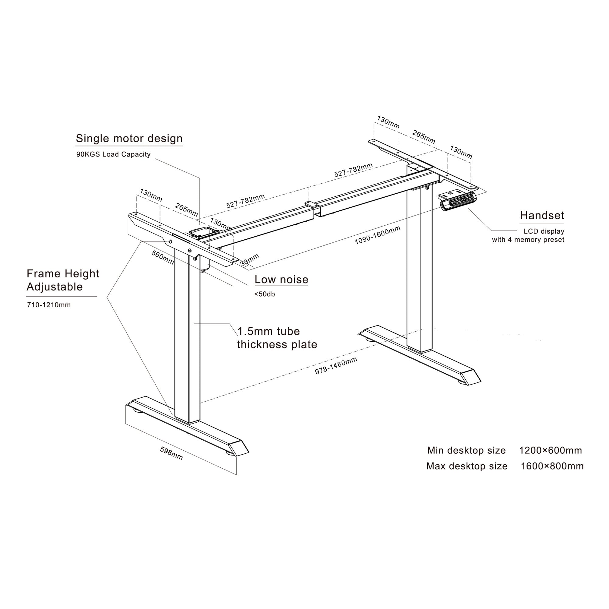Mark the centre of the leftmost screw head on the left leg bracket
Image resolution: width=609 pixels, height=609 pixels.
click(170, 241)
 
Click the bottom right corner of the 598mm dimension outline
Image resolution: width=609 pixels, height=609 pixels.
click(236, 475)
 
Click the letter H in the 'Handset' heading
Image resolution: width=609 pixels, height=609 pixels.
click(523, 216)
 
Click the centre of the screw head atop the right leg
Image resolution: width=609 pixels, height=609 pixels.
click(427, 188)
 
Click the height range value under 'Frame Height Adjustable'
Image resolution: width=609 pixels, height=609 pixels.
click(49, 305)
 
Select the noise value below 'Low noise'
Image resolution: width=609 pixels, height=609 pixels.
click(265, 294)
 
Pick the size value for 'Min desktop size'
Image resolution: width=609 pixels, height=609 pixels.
click(550, 450)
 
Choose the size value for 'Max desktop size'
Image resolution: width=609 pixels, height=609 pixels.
click(552, 466)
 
